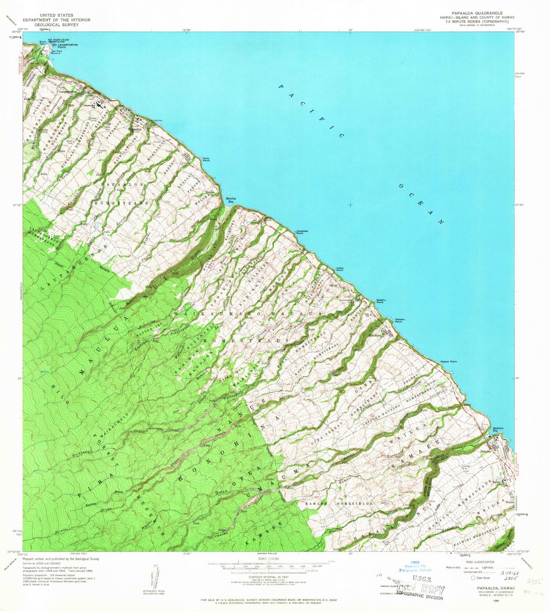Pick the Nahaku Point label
[398, 320]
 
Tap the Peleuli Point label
[448, 361]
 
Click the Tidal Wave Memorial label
[56, 52]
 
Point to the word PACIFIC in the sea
[311, 111]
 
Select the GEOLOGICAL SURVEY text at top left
[56, 25]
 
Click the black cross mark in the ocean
[350, 205]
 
